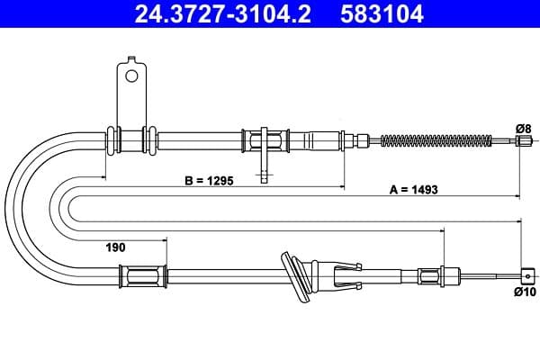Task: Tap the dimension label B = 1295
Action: [x=209, y=180]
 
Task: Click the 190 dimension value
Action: [x=114, y=246]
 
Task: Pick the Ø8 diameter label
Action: [x=522, y=129]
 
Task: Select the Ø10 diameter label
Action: [x=524, y=292]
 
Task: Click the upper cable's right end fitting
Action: [x=519, y=139]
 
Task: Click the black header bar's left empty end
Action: [x=54, y=15]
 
